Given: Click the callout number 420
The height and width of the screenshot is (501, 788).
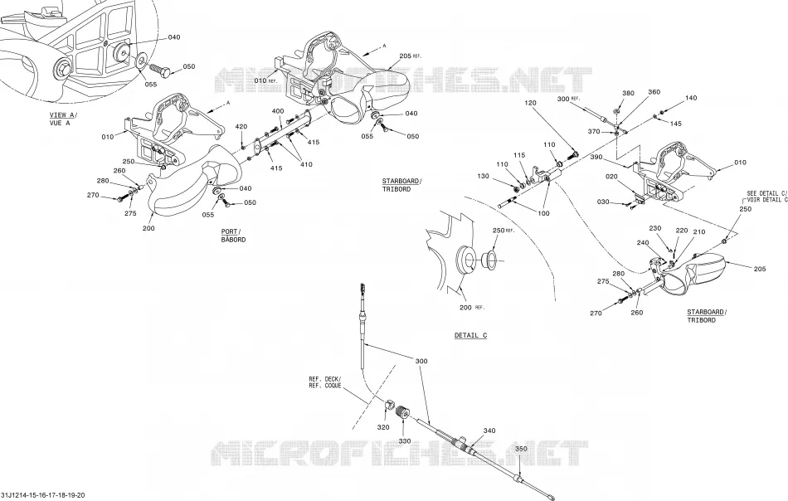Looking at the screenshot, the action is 241,127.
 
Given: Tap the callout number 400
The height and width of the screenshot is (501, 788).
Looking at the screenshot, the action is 278,111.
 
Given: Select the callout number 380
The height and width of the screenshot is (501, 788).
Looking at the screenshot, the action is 628,93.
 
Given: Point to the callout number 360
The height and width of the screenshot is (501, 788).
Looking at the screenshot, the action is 654,92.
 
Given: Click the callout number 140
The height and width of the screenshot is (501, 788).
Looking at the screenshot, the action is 691,98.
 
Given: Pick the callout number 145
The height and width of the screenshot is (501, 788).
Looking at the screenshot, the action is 676,124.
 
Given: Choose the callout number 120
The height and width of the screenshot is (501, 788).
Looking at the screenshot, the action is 530,103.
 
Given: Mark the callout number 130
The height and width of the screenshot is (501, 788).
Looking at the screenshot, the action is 483,177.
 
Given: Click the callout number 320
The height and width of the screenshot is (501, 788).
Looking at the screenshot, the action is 383,427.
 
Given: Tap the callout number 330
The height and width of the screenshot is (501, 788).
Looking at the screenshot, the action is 405,441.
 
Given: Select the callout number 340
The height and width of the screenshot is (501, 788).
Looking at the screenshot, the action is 489,430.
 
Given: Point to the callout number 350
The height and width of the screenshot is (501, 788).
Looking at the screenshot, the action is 522,449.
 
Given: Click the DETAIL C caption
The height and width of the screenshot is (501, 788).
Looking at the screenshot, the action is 471,336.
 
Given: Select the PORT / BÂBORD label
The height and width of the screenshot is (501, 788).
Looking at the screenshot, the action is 234,236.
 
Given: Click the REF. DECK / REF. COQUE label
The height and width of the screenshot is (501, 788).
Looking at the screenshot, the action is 325,382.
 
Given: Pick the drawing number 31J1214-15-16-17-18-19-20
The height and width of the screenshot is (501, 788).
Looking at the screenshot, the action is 42,495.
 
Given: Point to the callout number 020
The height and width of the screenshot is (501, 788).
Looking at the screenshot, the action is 611,177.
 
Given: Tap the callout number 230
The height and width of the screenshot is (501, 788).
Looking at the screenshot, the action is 655,228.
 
